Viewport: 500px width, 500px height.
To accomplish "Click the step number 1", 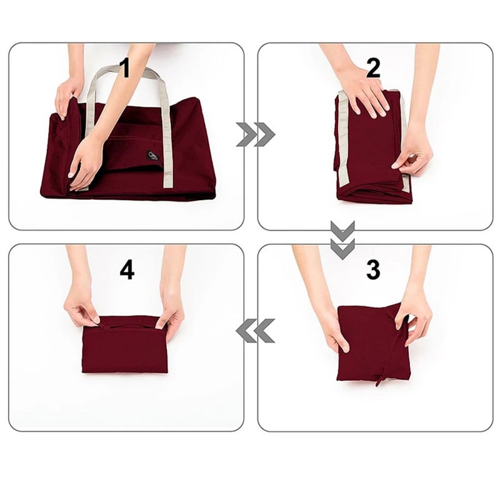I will click(x=125, y=67).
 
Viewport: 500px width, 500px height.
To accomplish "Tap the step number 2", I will click(x=373, y=67).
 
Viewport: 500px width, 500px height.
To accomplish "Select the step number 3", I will click(x=373, y=269).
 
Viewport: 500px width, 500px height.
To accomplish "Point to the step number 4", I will click(x=127, y=269).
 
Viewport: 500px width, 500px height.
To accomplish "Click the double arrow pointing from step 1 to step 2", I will click(x=256, y=134).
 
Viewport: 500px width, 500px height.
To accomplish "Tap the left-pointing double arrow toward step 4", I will click(x=255, y=331).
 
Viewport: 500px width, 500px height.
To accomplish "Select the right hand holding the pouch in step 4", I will click(x=171, y=309).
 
